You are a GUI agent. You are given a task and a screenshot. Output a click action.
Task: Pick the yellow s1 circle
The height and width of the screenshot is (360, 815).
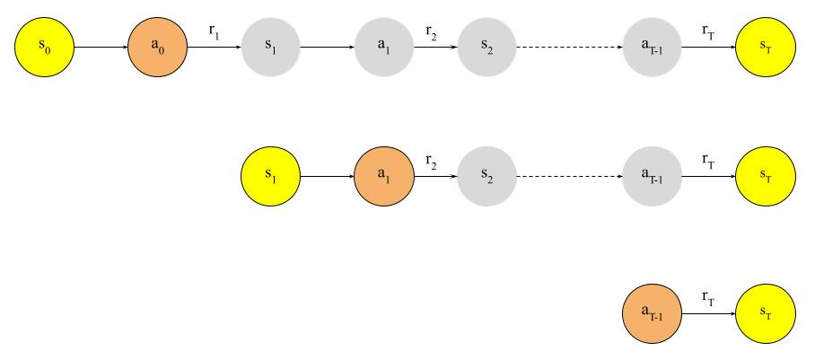pos(271,177)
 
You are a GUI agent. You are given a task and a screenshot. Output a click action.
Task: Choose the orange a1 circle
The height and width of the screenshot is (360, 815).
pos(384,177)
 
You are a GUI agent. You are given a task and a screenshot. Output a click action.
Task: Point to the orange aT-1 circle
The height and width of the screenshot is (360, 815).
pos(653,312)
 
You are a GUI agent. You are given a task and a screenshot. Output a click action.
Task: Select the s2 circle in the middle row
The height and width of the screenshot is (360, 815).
pos(487,177)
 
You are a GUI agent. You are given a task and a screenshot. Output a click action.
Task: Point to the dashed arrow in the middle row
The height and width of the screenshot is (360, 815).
pos(570,177)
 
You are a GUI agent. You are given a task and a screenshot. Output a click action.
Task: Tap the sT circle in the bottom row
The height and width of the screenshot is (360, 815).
pos(765,312)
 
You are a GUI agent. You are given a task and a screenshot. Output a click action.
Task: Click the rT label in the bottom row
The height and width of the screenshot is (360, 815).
pos(708,296)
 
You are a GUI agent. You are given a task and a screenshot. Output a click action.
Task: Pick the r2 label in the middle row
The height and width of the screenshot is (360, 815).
pos(433,162)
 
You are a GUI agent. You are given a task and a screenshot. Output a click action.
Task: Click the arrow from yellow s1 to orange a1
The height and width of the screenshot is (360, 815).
pos(328,177)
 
